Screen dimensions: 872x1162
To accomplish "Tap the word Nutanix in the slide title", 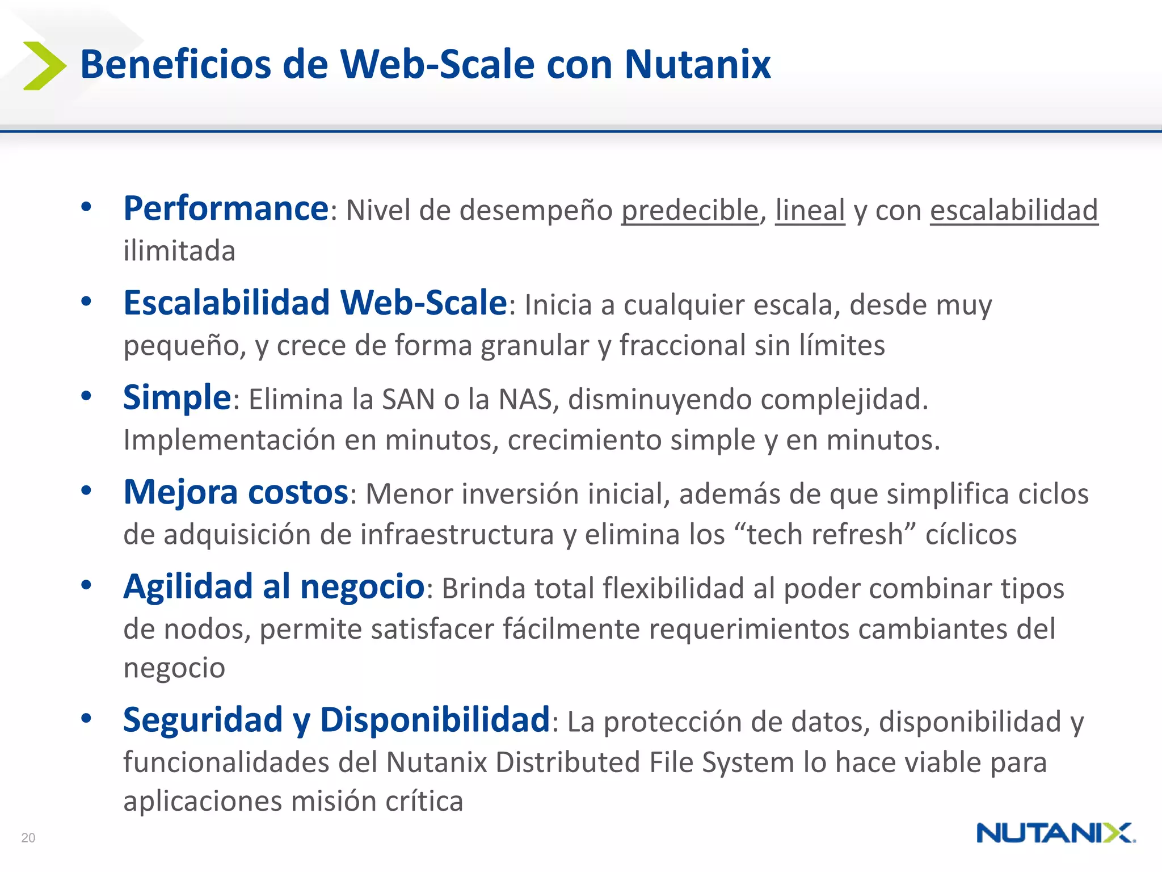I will coord(697,64).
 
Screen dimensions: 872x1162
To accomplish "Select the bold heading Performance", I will coord(226,209).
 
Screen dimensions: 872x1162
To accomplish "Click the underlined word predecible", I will coord(689,211).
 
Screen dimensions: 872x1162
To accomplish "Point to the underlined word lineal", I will coord(810,211).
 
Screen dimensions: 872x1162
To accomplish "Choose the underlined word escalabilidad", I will coord(1014,211).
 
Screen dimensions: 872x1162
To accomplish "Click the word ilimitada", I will coord(179,251).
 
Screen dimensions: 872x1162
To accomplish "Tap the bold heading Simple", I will coord(177,397).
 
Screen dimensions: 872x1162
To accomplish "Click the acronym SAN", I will coord(408,400).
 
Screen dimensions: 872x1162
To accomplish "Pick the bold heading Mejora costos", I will coord(235,492).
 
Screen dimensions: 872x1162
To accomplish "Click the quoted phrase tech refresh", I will coord(824,535).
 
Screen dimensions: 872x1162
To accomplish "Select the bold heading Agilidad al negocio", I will coord(273,586).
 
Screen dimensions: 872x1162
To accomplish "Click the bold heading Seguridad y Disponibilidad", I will coord(336,720).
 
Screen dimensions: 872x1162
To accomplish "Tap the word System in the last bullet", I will coord(748,762).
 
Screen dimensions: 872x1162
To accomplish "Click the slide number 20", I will coord(28,837).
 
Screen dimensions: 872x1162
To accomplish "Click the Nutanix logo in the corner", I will coord(1055,833).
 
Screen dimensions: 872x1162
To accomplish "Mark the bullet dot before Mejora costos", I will coord(86,491).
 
